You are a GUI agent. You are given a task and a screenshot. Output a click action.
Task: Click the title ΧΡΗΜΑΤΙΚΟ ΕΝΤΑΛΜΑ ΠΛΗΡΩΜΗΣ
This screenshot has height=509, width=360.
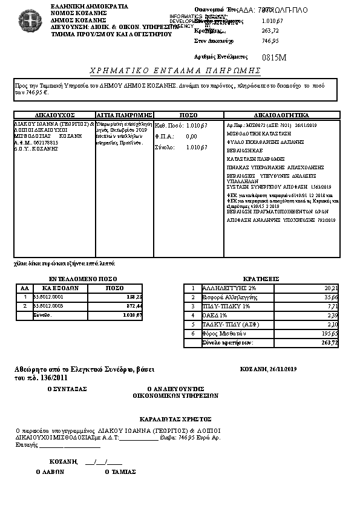pyautogui.click(x=175, y=71)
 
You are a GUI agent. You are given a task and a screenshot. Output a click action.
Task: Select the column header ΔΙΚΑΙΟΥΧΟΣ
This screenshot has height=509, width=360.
pyautogui.click(x=54, y=114)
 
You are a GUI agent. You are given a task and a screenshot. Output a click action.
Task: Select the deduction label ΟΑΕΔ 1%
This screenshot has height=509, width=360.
pyautogui.click(x=215, y=315)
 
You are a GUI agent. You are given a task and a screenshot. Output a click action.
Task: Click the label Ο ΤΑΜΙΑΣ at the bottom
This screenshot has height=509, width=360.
pyautogui.click(x=120, y=472)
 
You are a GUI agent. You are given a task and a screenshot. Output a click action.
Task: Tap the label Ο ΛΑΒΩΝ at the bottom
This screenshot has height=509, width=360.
pyautogui.click(x=48, y=472)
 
